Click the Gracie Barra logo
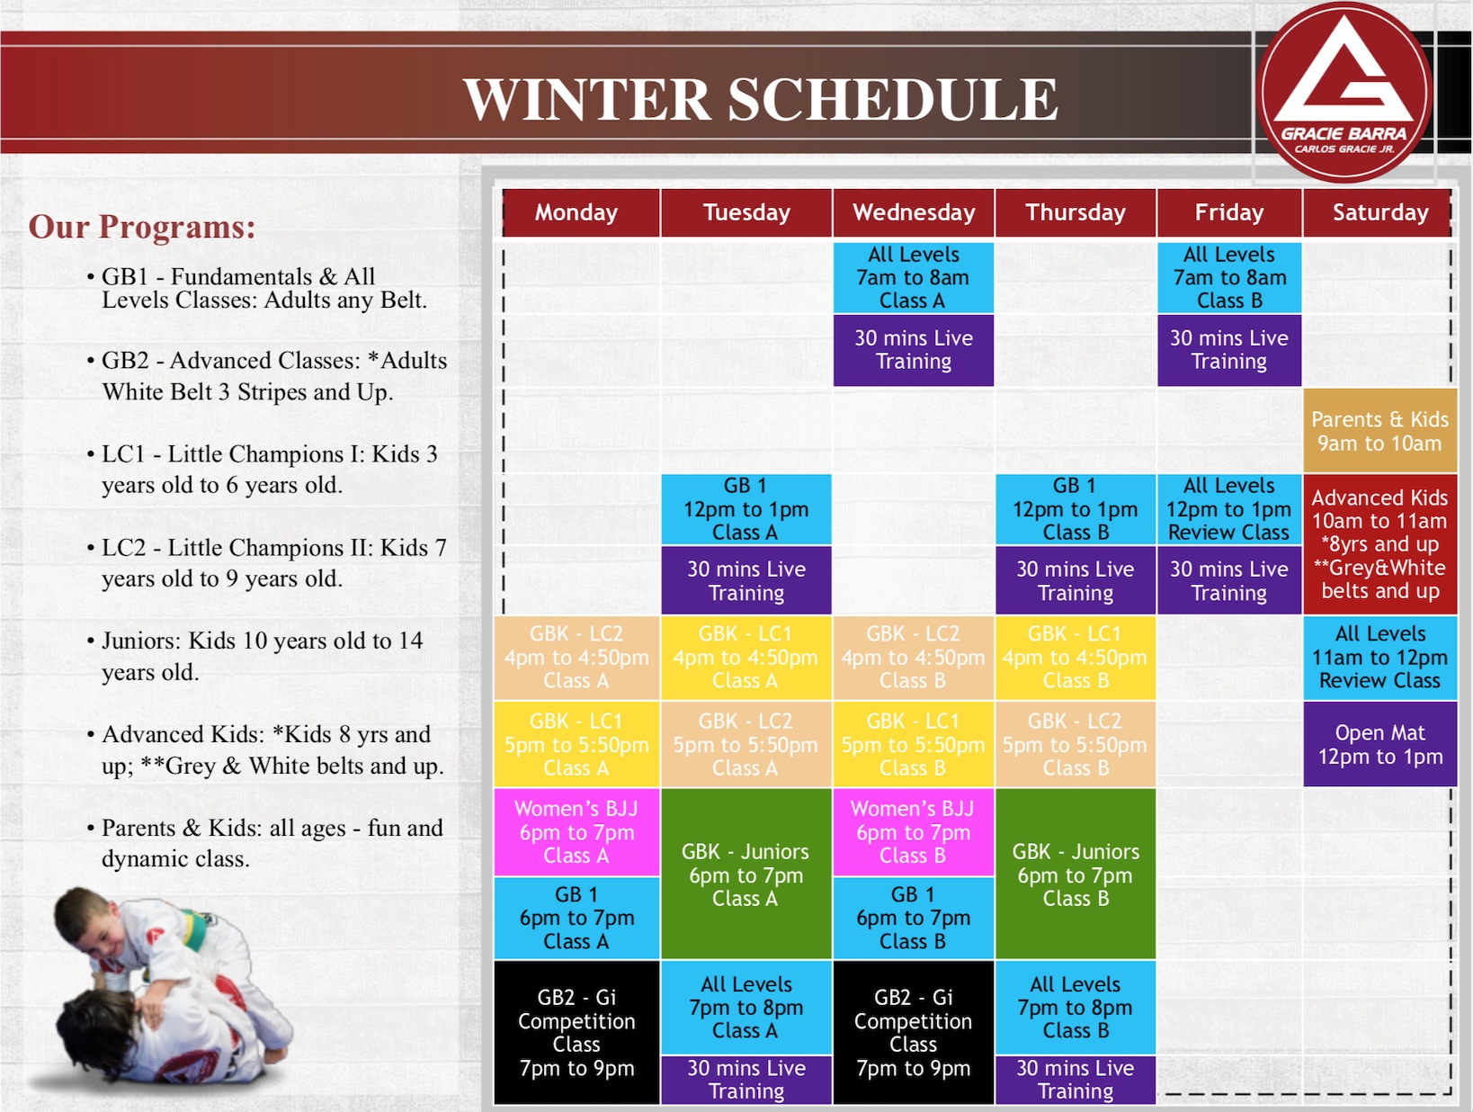click(x=1344, y=92)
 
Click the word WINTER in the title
click(x=586, y=99)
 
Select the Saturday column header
click(x=1379, y=212)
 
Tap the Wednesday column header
click(x=914, y=212)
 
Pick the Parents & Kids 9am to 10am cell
click(x=1379, y=431)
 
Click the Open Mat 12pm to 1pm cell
click(x=1379, y=744)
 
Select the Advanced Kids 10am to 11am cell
click(x=1379, y=544)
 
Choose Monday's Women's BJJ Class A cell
click(x=576, y=832)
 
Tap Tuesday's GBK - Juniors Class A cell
click(x=746, y=874)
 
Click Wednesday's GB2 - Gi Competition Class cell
click(x=914, y=1032)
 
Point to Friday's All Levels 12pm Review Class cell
click(x=1228, y=509)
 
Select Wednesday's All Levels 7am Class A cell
click(x=914, y=278)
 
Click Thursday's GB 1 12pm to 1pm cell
click(x=1075, y=509)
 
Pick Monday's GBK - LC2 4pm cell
click(x=576, y=658)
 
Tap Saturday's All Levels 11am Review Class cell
click(x=1379, y=658)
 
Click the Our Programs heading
click(x=142, y=227)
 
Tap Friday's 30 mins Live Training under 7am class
click(x=1228, y=350)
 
